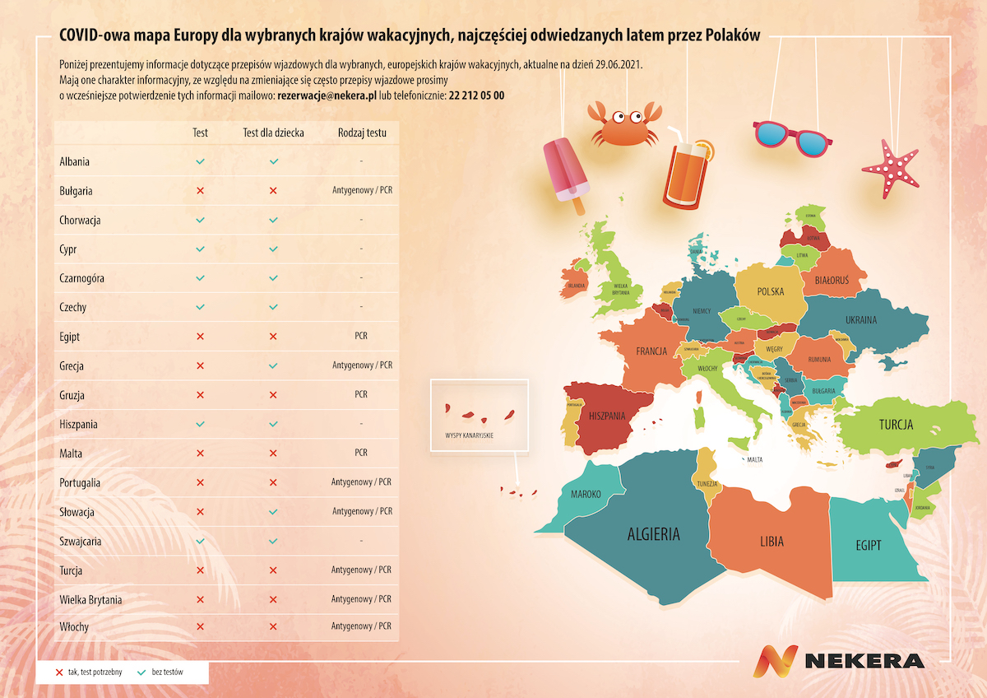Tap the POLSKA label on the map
click(771, 291)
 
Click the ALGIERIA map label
click(654, 533)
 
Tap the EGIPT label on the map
click(868, 545)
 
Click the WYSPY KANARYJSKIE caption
click(468, 435)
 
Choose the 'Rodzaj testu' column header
click(362, 133)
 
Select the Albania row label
click(75, 161)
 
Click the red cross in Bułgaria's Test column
click(200, 191)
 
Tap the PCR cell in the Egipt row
click(362, 336)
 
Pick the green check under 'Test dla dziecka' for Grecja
click(274, 365)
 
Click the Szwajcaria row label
click(81, 541)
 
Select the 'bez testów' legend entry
click(167, 672)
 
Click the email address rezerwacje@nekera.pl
click(327, 95)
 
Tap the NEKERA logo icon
click(776, 661)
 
